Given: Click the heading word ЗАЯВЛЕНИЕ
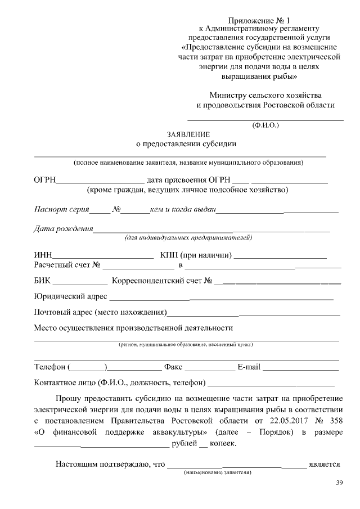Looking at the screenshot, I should (x=188, y=134).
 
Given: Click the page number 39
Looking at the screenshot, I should (x=339, y=483).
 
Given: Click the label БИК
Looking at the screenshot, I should (x=43, y=280).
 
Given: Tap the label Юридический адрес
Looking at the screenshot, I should (x=70, y=296).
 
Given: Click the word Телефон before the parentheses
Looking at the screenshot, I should (x=49, y=367).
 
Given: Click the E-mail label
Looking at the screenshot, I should (x=249, y=367).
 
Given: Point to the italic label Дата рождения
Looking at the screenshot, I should (x=63, y=229).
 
